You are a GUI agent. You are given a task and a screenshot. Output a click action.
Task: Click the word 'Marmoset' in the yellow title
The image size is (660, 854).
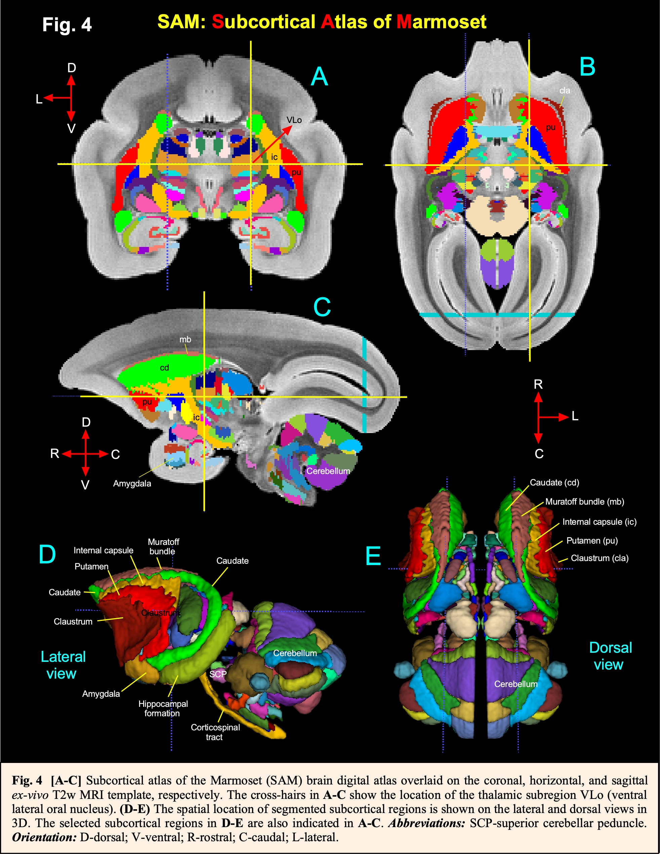441,22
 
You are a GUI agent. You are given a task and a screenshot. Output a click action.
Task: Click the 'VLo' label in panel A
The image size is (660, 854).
294,120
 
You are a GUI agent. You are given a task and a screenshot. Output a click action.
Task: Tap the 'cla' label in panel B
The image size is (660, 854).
565,90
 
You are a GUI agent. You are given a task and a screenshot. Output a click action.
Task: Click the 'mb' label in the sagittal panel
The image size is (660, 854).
185,339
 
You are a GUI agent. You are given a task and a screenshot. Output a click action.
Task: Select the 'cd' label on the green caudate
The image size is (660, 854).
164,368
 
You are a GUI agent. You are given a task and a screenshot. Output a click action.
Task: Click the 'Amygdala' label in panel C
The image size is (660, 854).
132,483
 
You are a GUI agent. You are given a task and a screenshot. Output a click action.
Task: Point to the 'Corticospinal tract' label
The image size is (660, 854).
215,732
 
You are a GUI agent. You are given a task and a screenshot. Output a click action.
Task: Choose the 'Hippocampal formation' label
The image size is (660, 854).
163,709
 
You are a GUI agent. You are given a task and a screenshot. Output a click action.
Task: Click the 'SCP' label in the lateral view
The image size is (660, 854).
217,674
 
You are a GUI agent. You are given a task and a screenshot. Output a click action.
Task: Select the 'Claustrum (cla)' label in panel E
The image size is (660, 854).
600,558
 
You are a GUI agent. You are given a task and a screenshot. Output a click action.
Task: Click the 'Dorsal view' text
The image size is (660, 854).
610,656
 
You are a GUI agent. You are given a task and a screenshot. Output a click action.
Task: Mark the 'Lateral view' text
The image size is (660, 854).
63,665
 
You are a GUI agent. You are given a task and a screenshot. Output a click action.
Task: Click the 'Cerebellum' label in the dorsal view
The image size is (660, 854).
515,684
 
